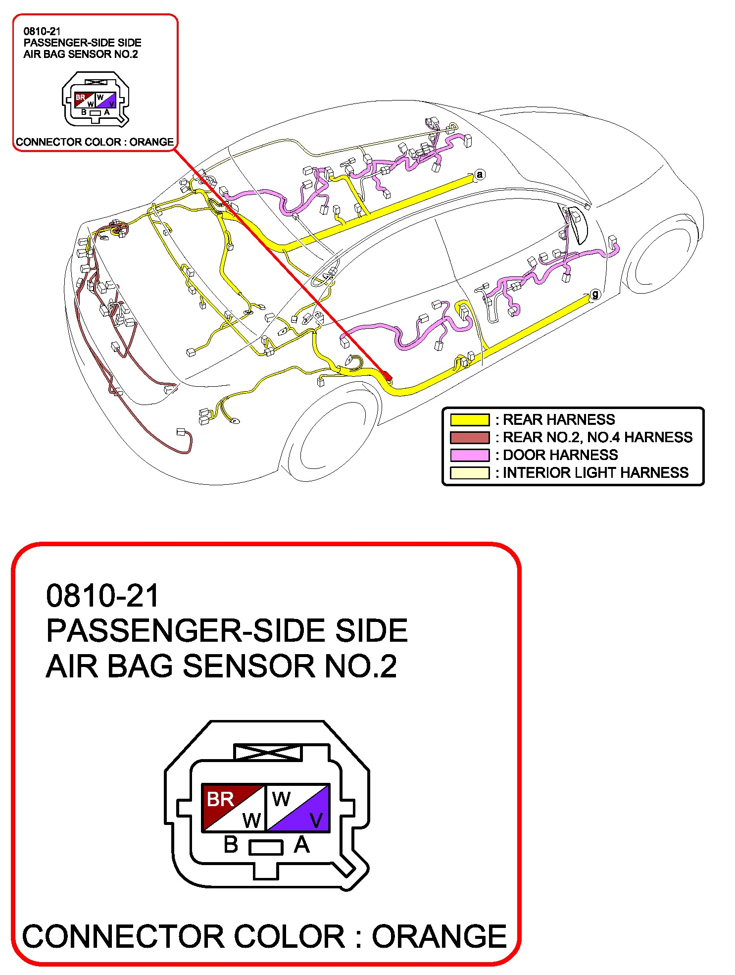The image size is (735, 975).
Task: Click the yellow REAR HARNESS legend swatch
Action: tap(469, 420)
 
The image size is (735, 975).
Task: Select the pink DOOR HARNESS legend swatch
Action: tap(469, 455)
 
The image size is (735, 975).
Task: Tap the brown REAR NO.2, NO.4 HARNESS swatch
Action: tap(469, 437)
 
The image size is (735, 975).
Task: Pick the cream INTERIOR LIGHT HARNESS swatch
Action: tap(469, 473)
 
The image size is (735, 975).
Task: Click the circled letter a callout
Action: tap(479, 174)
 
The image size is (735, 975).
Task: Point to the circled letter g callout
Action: tap(595, 295)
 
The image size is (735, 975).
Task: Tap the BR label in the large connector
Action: tap(220, 799)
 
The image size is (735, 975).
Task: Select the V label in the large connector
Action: tap(316, 821)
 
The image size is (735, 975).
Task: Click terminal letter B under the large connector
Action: tap(231, 845)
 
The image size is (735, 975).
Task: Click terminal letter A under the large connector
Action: tap(301, 845)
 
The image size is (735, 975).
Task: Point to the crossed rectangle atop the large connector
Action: tap(268, 753)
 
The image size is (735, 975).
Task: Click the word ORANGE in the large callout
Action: tap(439, 936)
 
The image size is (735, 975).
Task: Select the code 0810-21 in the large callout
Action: tap(102, 595)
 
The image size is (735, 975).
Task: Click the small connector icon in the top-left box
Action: tap(96, 99)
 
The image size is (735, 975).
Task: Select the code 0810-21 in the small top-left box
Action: tap(42, 31)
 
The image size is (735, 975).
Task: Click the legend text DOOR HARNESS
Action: tap(560, 455)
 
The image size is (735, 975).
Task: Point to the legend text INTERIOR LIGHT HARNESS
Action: tap(595, 473)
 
